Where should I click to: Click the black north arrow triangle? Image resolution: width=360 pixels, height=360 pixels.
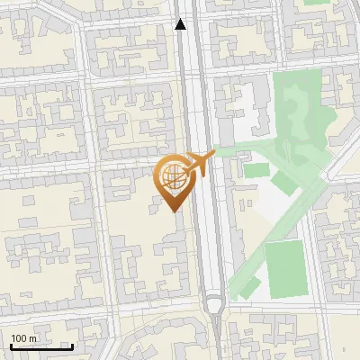[x=181, y=24]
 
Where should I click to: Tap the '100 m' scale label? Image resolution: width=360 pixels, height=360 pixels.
[x=23, y=338]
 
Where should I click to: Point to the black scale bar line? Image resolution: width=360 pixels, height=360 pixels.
[x=41, y=346]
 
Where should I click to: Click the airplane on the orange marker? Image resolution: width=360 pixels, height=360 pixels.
[x=196, y=164]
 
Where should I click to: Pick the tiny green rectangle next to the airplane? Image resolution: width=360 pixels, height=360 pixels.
[x=255, y=169]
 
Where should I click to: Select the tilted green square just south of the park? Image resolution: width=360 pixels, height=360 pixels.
[x=284, y=183]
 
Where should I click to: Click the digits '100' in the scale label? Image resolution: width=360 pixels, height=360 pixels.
[x=19, y=338]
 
